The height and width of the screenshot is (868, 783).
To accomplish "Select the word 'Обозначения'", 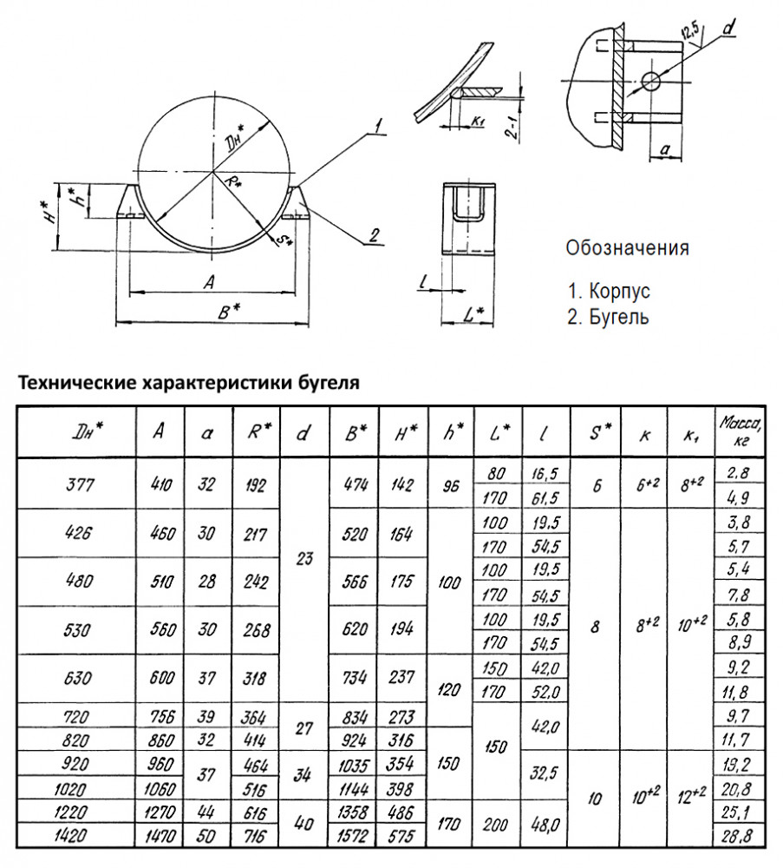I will tap(627, 248).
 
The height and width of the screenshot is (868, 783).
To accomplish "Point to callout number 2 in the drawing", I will tap(374, 234).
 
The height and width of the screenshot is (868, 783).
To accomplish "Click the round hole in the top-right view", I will tap(651, 81).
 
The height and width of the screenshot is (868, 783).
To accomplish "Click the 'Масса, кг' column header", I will tap(739, 431).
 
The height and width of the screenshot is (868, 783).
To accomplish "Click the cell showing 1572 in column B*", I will tap(354, 836).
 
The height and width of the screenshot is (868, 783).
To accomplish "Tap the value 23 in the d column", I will tap(303, 560).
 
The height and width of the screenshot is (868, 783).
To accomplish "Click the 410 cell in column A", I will tap(160, 485).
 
